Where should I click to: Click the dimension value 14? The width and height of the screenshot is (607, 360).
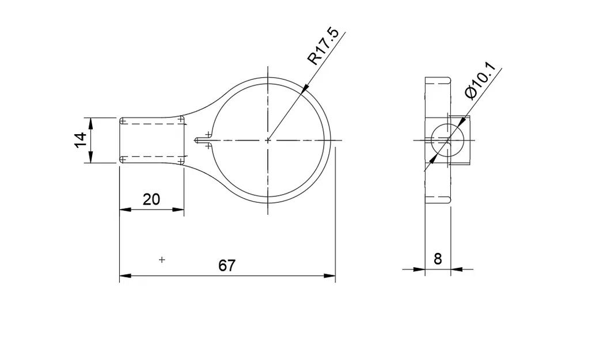point(80,140)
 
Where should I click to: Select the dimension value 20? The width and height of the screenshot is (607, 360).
point(151,200)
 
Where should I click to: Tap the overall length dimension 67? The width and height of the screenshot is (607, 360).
point(227,266)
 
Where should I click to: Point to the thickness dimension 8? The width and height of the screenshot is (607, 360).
point(438,259)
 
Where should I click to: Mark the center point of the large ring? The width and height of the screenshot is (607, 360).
point(268,140)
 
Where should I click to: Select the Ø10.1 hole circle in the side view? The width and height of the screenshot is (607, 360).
point(447,139)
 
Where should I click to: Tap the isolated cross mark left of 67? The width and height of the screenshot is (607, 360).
point(162,260)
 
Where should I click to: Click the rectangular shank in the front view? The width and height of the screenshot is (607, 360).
point(152,140)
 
